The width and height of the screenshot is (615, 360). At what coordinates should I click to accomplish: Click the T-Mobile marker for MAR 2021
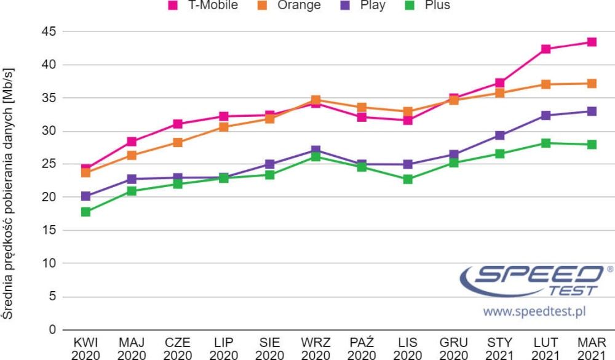592,42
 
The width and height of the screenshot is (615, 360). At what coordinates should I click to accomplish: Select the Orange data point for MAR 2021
592,84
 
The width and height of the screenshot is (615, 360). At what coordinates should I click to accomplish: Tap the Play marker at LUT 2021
546,116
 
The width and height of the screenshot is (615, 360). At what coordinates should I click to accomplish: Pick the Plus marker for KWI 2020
85,212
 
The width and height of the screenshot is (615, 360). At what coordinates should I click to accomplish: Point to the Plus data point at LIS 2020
408,180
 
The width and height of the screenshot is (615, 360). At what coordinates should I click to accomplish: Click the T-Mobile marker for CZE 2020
178,124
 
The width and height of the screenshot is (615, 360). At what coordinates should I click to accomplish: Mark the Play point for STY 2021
499,135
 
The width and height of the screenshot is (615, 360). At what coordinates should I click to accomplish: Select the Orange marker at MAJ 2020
132,156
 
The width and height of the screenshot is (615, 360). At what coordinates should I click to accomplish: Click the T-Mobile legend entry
203,5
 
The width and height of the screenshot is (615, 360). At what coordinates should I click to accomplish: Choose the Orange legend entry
289,5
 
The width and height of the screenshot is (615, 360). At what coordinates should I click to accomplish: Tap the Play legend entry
363,5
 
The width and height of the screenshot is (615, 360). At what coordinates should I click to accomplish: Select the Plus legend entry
427,5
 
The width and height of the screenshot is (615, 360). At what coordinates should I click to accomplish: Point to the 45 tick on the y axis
49,31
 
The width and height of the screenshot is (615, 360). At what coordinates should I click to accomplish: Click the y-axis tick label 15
49,230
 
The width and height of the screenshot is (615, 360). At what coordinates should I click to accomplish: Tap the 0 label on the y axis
52,329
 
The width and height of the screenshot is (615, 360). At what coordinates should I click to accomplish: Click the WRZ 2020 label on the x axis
315,348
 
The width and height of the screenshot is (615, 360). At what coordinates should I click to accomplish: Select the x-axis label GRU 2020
453,348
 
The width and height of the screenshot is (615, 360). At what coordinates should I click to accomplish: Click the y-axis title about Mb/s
7,194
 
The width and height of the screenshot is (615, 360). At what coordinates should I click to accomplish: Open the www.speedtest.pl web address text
534,311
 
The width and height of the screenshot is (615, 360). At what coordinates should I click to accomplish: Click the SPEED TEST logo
536,281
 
